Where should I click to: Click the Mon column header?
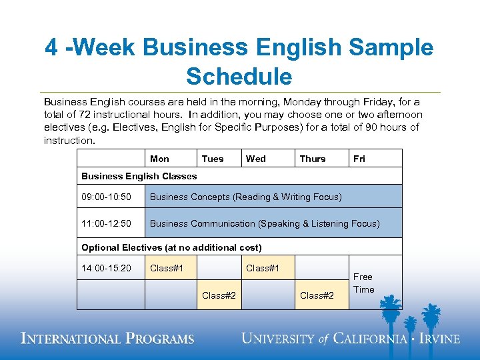(x=159, y=159)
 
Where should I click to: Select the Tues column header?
(x=213, y=159)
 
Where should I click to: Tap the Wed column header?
(x=255, y=159)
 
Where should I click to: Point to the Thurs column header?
(x=313, y=159)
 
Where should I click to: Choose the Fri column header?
(x=359, y=159)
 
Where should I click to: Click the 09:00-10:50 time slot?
(x=107, y=197)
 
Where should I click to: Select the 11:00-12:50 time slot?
(x=107, y=223)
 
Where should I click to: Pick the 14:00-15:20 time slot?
(x=107, y=269)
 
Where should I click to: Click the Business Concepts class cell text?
(x=245, y=197)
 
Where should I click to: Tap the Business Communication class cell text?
(x=265, y=223)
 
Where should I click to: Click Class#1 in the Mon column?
(x=167, y=269)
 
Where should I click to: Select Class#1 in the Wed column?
(x=263, y=269)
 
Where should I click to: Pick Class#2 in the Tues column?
(x=219, y=295)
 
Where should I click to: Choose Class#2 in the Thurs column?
(x=317, y=295)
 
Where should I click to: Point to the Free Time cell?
(x=363, y=283)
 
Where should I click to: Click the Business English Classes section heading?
(x=139, y=176)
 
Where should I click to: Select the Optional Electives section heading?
(x=171, y=247)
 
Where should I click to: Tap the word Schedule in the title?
(x=239, y=77)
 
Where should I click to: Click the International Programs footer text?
(x=107, y=338)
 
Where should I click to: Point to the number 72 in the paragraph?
(x=83, y=115)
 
